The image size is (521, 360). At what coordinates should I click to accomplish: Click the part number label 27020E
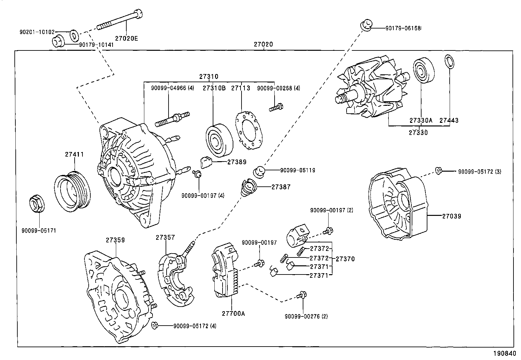click(126, 38)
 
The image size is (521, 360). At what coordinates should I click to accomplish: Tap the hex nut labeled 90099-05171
click(35, 203)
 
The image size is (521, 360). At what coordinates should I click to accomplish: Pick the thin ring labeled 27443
click(450, 62)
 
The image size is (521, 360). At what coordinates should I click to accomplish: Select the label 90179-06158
click(403, 28)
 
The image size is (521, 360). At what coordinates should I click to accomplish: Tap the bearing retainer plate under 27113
click(250, 131)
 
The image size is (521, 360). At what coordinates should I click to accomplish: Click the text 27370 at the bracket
click(345, 259)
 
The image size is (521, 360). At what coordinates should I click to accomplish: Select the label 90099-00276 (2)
click(306, 316)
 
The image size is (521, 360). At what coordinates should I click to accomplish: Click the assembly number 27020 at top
click(263, 44)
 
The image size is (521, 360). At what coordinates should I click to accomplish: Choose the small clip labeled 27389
click(206, 162)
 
